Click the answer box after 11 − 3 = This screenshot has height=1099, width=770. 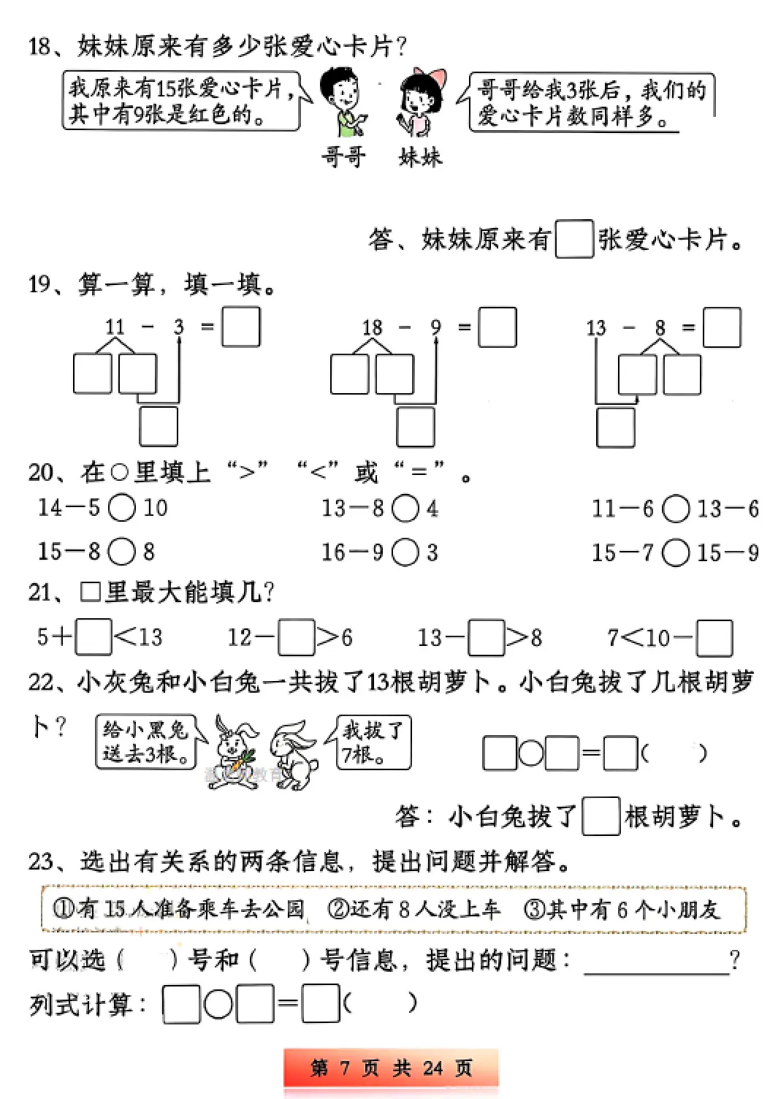241,327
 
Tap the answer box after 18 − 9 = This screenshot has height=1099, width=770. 498,327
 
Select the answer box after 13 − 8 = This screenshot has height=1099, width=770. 722,327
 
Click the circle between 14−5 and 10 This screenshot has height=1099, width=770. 122,508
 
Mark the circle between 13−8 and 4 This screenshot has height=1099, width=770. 405,509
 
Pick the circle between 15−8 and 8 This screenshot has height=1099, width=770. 122,552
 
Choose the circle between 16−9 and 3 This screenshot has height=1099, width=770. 405,552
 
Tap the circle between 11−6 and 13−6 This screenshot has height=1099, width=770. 676,509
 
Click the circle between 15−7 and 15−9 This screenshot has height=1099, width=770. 676,552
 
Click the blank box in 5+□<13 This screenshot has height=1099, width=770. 94,637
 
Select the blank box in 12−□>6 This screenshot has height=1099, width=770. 297,637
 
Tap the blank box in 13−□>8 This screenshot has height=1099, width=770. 487,637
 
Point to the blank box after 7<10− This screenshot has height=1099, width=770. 714,638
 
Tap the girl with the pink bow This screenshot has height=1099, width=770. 421,102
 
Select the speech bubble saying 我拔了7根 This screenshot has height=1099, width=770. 373,742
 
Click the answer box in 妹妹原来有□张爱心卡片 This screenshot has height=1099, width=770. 574,239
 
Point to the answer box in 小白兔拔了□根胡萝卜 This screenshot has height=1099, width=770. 601,816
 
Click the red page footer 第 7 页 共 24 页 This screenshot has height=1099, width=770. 392,1068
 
